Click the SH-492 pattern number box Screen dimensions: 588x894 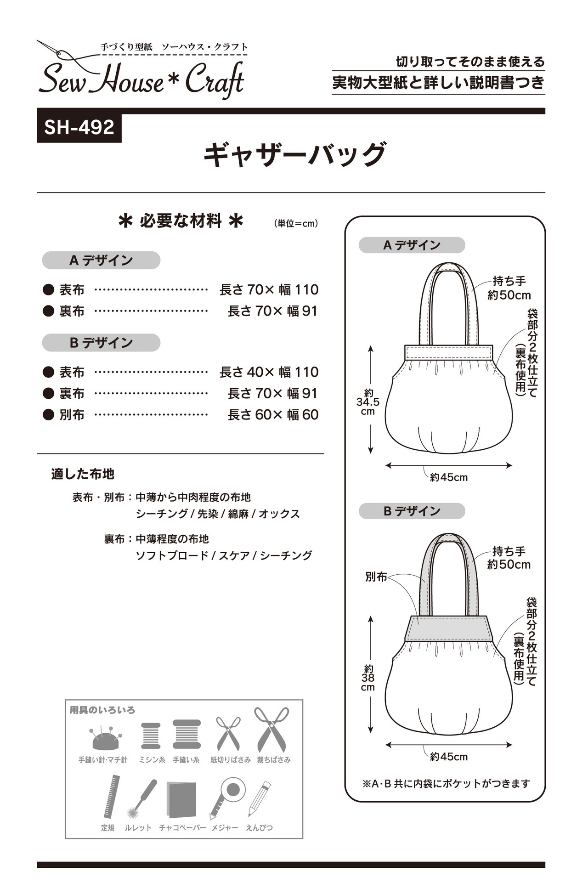79,127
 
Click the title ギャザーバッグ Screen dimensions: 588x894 294,155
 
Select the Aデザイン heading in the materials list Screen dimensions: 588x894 101,260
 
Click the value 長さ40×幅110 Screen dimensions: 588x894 269,372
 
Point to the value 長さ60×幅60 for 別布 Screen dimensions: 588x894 273,415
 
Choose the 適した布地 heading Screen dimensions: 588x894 83,474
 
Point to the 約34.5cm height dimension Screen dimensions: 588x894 368,402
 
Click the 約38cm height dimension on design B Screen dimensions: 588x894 368,678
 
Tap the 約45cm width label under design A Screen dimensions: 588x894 449,478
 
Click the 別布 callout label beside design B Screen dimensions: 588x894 376,577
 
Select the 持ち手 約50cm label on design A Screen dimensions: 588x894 509,288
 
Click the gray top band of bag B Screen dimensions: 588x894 449,628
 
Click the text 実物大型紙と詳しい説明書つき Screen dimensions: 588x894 438,83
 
